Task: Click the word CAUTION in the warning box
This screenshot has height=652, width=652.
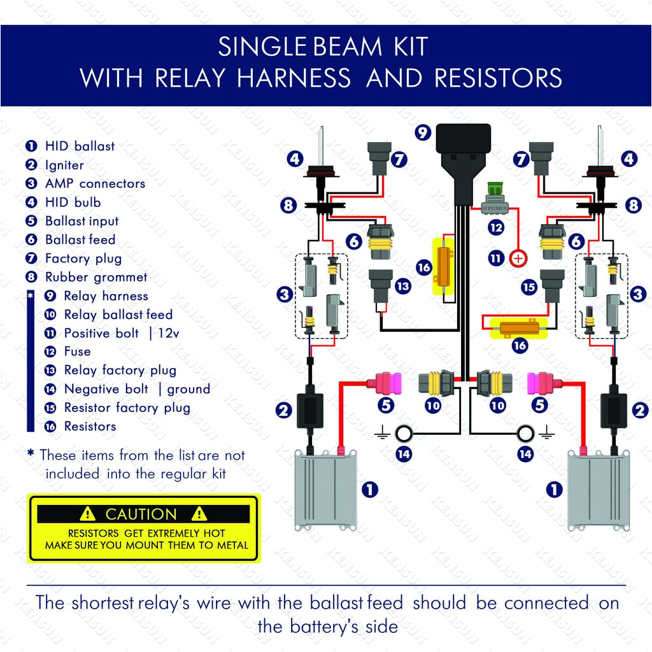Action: point(141,514)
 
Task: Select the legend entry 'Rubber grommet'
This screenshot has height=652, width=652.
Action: point(96,277)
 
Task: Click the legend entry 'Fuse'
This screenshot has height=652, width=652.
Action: point(77,351)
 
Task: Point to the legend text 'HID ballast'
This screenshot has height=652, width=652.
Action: point(80,146)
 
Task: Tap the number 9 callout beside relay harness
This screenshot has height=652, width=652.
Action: point(422,132)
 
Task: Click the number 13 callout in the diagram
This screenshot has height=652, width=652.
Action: point(402,287)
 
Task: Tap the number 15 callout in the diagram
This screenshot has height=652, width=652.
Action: point(529,287)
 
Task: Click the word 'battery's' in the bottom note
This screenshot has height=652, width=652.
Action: point(328,626)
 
